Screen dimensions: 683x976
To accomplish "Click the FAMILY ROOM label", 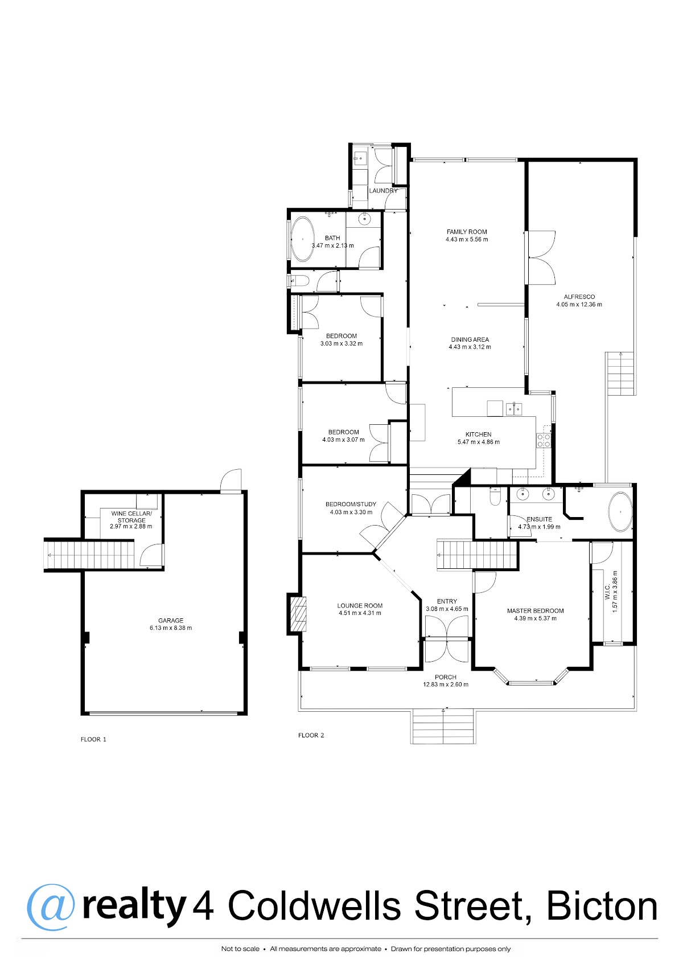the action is tap(467, 232).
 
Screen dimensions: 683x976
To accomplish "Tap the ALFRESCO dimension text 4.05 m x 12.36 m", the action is tap(579, 305).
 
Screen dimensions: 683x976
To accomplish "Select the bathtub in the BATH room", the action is tap(302, 239).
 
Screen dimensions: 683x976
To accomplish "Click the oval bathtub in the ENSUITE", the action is tap(620, 512).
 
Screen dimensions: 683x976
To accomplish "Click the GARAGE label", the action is tap(171, 621).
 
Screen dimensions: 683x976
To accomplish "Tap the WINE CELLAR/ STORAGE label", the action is tap(131, 517).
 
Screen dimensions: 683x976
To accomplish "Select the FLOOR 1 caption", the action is tap(93, 740).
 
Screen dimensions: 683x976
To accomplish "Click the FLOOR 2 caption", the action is tap(311, 735).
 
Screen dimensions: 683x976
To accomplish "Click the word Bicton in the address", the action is tap(602, 907).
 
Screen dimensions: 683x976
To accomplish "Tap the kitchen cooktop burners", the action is tap(544, 440).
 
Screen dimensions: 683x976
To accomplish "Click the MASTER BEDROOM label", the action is tap(536, 611).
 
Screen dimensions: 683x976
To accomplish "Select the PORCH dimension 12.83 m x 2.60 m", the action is tap(446, 684).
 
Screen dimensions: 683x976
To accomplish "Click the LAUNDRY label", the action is tap(383, 191).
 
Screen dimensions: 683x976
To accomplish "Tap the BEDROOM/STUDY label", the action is tap(351, 504).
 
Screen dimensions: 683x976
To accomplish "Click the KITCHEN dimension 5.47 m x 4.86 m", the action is tap(478, 442).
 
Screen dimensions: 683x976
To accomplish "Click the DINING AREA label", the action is tap(470, 339).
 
